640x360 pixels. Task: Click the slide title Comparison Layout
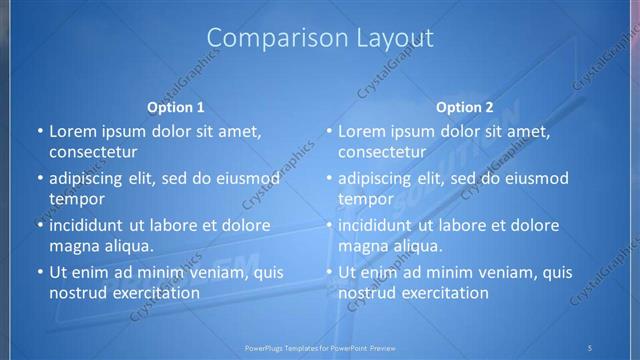click(x=320, y=39)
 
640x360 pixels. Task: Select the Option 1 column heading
click(x=176, y=107)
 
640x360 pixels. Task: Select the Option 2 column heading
click(x=465, y=107)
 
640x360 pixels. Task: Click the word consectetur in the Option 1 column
click(x=93, y=152)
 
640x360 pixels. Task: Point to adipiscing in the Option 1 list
click(x=89, y=178)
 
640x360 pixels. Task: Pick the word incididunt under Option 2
click(x=376, y=225)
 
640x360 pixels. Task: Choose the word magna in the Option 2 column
click(x=361, y=246)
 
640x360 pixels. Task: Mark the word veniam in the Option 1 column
click(x=207, y=272)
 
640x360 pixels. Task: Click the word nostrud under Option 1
click(x=75, y=293)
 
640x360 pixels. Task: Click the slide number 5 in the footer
click(x=590, y=347)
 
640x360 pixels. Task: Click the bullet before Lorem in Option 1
click(x=40, y=131)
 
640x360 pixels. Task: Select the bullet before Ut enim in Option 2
click(x=329, y=272)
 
